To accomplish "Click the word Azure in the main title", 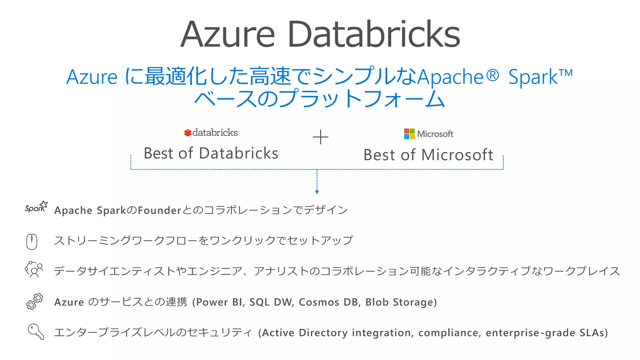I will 228,34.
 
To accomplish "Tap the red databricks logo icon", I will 187,133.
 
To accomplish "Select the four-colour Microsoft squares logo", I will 409,134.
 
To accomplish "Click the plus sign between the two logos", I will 320,137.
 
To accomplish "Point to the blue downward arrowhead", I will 317,192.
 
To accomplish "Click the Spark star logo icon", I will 36,207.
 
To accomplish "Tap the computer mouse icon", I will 32,242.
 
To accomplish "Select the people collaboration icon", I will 34,269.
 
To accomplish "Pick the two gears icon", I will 34,302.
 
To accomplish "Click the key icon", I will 36,332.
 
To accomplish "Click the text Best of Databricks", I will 211,153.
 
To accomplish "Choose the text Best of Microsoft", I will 428,155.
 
